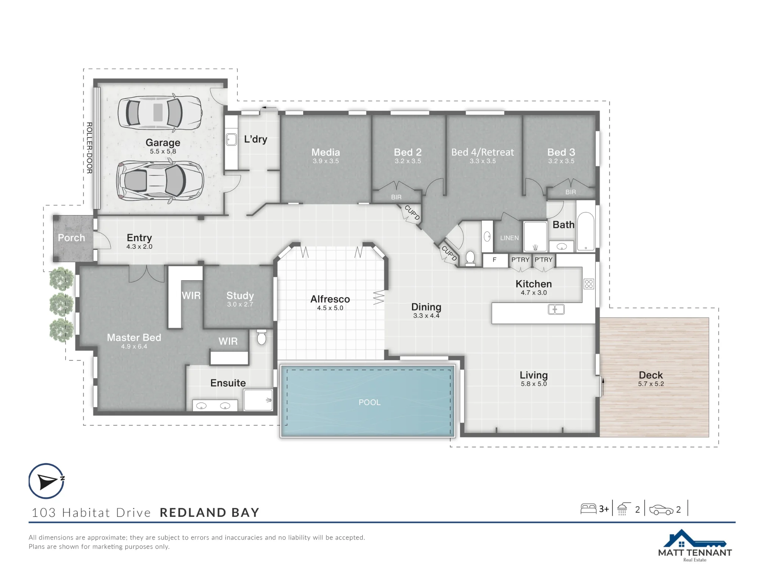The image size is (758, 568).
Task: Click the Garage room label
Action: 163,142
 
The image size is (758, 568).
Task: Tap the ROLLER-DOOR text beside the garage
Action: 89,148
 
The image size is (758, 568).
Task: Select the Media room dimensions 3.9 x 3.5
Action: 326,161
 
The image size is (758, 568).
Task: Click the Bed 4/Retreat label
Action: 482,152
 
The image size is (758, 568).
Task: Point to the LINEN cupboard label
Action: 509,238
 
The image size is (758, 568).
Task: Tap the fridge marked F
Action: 495,260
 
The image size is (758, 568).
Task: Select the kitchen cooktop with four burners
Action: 589,284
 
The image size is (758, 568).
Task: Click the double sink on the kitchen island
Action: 556,309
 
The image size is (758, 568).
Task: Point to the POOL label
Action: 370,402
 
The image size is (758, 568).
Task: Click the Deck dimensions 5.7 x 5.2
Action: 651,384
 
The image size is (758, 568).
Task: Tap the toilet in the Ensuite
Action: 262,337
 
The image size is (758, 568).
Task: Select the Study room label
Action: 240,295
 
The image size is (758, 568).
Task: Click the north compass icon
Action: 47,481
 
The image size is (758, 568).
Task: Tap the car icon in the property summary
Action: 661,510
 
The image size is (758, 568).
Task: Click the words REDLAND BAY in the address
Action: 210,512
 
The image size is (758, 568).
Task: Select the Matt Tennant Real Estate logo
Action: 695,546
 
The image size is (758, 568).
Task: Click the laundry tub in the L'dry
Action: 231,140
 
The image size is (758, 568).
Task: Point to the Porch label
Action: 71,238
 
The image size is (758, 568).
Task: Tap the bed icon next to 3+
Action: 589,509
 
